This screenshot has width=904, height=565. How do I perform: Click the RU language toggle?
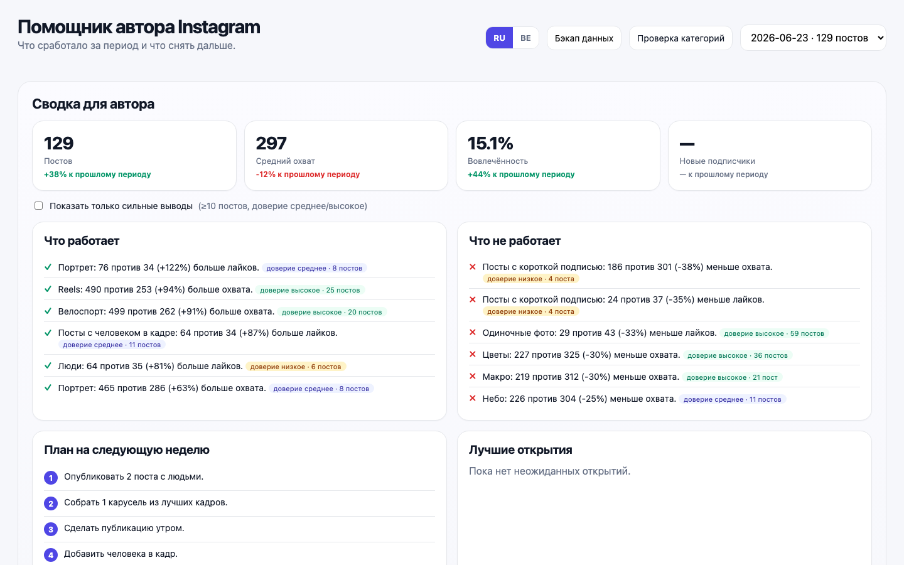point(499,38)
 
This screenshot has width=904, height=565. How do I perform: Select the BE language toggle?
point(525,38)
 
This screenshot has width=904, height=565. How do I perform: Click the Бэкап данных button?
point(584,38)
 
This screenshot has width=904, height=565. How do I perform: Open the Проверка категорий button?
point(681,38)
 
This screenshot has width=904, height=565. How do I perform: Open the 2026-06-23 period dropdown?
point(813,38)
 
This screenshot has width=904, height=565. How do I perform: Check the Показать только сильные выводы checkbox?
point(39,206)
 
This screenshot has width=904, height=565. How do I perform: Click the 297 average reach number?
point(271,143)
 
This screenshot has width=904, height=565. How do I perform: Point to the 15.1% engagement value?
point(490,143)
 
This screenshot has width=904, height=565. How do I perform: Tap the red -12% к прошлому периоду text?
point(308,175)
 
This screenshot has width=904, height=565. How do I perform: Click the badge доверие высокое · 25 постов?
point(310,290)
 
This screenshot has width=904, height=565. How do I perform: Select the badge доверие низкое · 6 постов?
point(296,367)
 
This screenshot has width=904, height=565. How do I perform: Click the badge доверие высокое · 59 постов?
point(774,333)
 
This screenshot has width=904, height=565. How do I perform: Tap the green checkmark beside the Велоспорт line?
point(48,311)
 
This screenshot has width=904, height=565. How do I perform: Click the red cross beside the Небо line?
point(473,398)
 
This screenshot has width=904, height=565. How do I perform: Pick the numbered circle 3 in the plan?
point(51,529)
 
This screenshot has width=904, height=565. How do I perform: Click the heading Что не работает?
point(515,241)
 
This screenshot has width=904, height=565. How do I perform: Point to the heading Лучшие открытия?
point(520,450)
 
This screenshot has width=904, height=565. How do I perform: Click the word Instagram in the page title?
point(219,27)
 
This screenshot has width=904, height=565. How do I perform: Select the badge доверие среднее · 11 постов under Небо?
point(733,399)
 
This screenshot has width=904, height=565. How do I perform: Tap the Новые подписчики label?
point(717,161)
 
